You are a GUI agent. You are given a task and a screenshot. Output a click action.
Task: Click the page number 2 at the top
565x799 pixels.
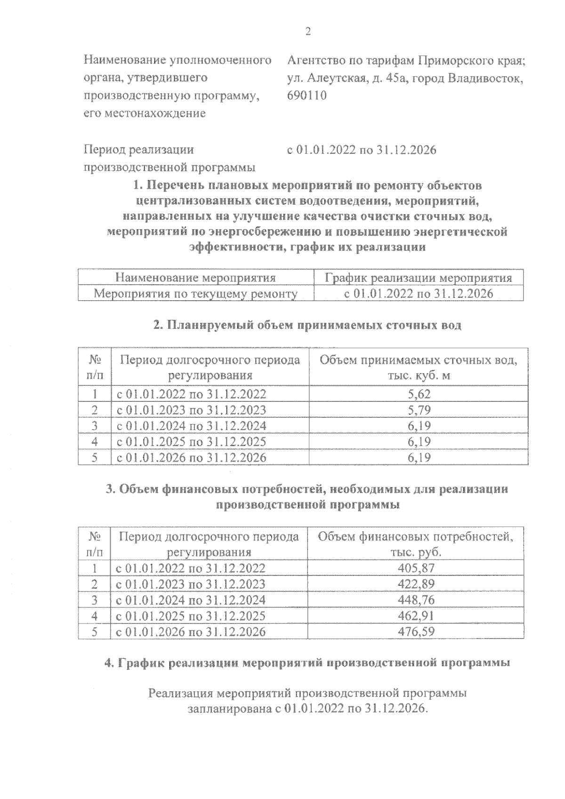point(308,32)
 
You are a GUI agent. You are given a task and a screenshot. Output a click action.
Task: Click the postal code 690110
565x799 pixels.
point(307,96)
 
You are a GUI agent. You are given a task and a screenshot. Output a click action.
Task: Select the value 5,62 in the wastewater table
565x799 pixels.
point(419,394)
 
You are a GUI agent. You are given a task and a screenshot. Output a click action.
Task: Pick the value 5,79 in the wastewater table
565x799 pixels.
point(419,410)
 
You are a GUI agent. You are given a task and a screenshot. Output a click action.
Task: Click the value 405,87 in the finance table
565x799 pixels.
point(416,568)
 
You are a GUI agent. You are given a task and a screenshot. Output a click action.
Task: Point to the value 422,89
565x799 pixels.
point(416,584)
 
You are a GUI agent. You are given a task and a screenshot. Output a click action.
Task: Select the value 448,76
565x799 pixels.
point(416,600)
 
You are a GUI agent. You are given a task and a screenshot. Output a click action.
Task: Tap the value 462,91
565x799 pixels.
point(416,616)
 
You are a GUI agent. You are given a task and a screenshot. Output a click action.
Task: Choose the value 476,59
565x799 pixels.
point(416,631)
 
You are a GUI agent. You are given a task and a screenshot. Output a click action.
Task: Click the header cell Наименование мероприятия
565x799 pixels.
point(195,278)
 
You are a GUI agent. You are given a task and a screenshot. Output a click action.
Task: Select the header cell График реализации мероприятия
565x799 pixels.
point(418,278)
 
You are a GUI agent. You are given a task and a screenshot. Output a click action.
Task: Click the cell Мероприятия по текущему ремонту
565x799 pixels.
point(195,294)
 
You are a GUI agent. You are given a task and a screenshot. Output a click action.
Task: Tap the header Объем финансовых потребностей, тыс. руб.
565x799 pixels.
point(415,544)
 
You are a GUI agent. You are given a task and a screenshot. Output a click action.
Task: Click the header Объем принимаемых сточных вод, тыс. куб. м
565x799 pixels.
point(418,368)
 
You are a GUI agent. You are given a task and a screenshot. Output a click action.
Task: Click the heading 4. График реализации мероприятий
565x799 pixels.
point(307,663)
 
